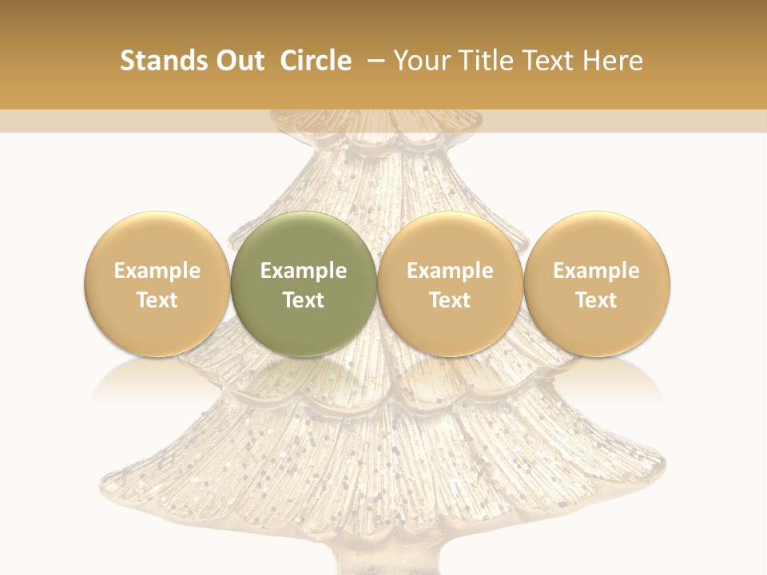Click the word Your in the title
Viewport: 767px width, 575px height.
coord(419,61)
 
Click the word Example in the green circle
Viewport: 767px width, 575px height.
coord(304,271)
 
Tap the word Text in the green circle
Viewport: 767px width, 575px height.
coord(304,300)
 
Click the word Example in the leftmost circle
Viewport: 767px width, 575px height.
coord(157,271)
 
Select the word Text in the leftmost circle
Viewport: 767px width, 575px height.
coord(157,300)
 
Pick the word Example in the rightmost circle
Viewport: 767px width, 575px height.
coord(596,271)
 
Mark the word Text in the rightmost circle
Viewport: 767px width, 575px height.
coord(596,300)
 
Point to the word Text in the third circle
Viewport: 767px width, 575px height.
coord(450,300)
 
